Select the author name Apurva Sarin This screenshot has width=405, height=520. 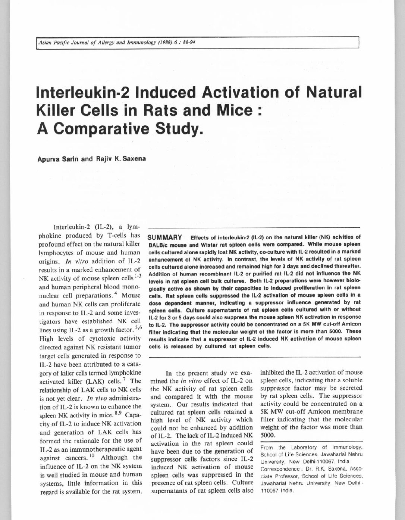point(54,159)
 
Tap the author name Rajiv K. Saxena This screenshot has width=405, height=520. point(114,159)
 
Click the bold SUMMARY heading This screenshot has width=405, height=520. point(164,237)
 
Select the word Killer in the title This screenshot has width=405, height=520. point(56,110)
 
